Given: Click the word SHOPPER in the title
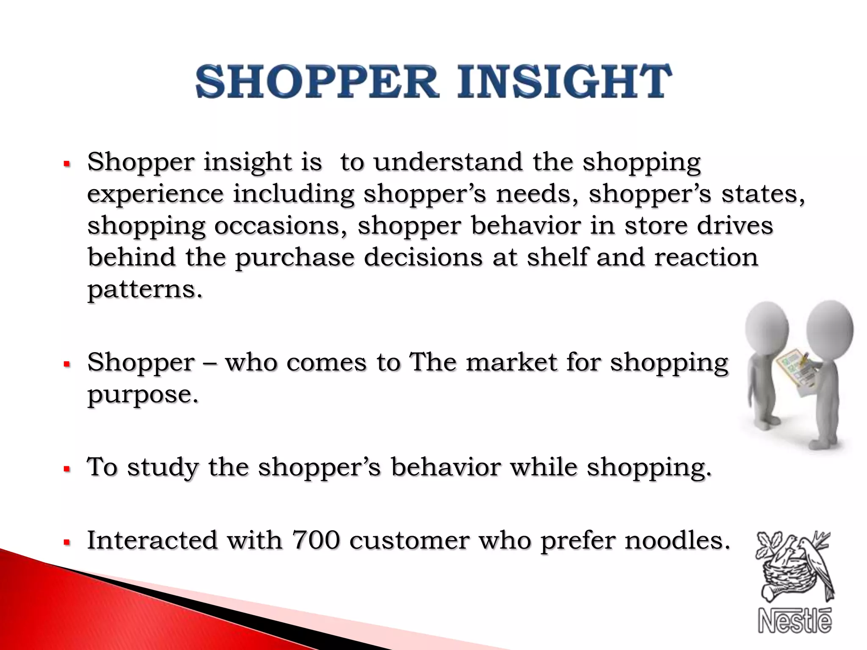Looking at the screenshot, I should coord(317,81).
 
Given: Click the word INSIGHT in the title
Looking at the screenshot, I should coord(564,81).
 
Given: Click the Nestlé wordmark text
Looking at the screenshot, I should coord(795,621).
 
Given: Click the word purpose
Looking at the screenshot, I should coord(143,395).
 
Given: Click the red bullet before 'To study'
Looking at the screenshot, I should coord(66,469).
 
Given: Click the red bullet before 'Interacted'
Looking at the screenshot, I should coord(66,542).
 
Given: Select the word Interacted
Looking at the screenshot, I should coord(152,540).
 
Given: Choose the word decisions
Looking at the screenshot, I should coord(423,258).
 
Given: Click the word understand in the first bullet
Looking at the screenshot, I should coord(448,162).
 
